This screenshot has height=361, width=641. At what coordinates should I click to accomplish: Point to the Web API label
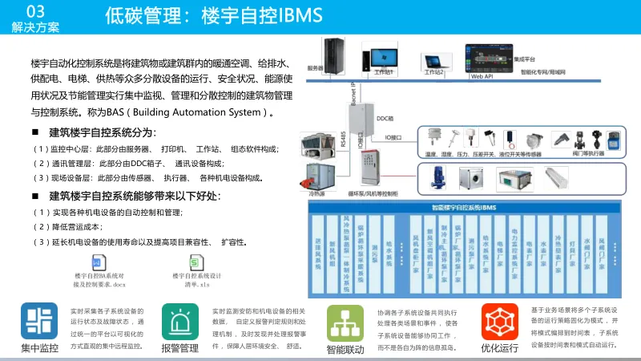coord(482,77)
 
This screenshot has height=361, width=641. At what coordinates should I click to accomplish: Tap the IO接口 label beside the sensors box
coord(397,138)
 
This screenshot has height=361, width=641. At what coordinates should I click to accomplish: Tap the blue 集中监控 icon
coord(39,320)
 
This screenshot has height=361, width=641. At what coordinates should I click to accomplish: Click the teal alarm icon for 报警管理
coord(179,321)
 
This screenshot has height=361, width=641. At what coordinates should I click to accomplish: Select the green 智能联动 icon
coord(345,322)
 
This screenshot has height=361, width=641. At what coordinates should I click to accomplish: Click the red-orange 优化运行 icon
coord(499,321)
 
